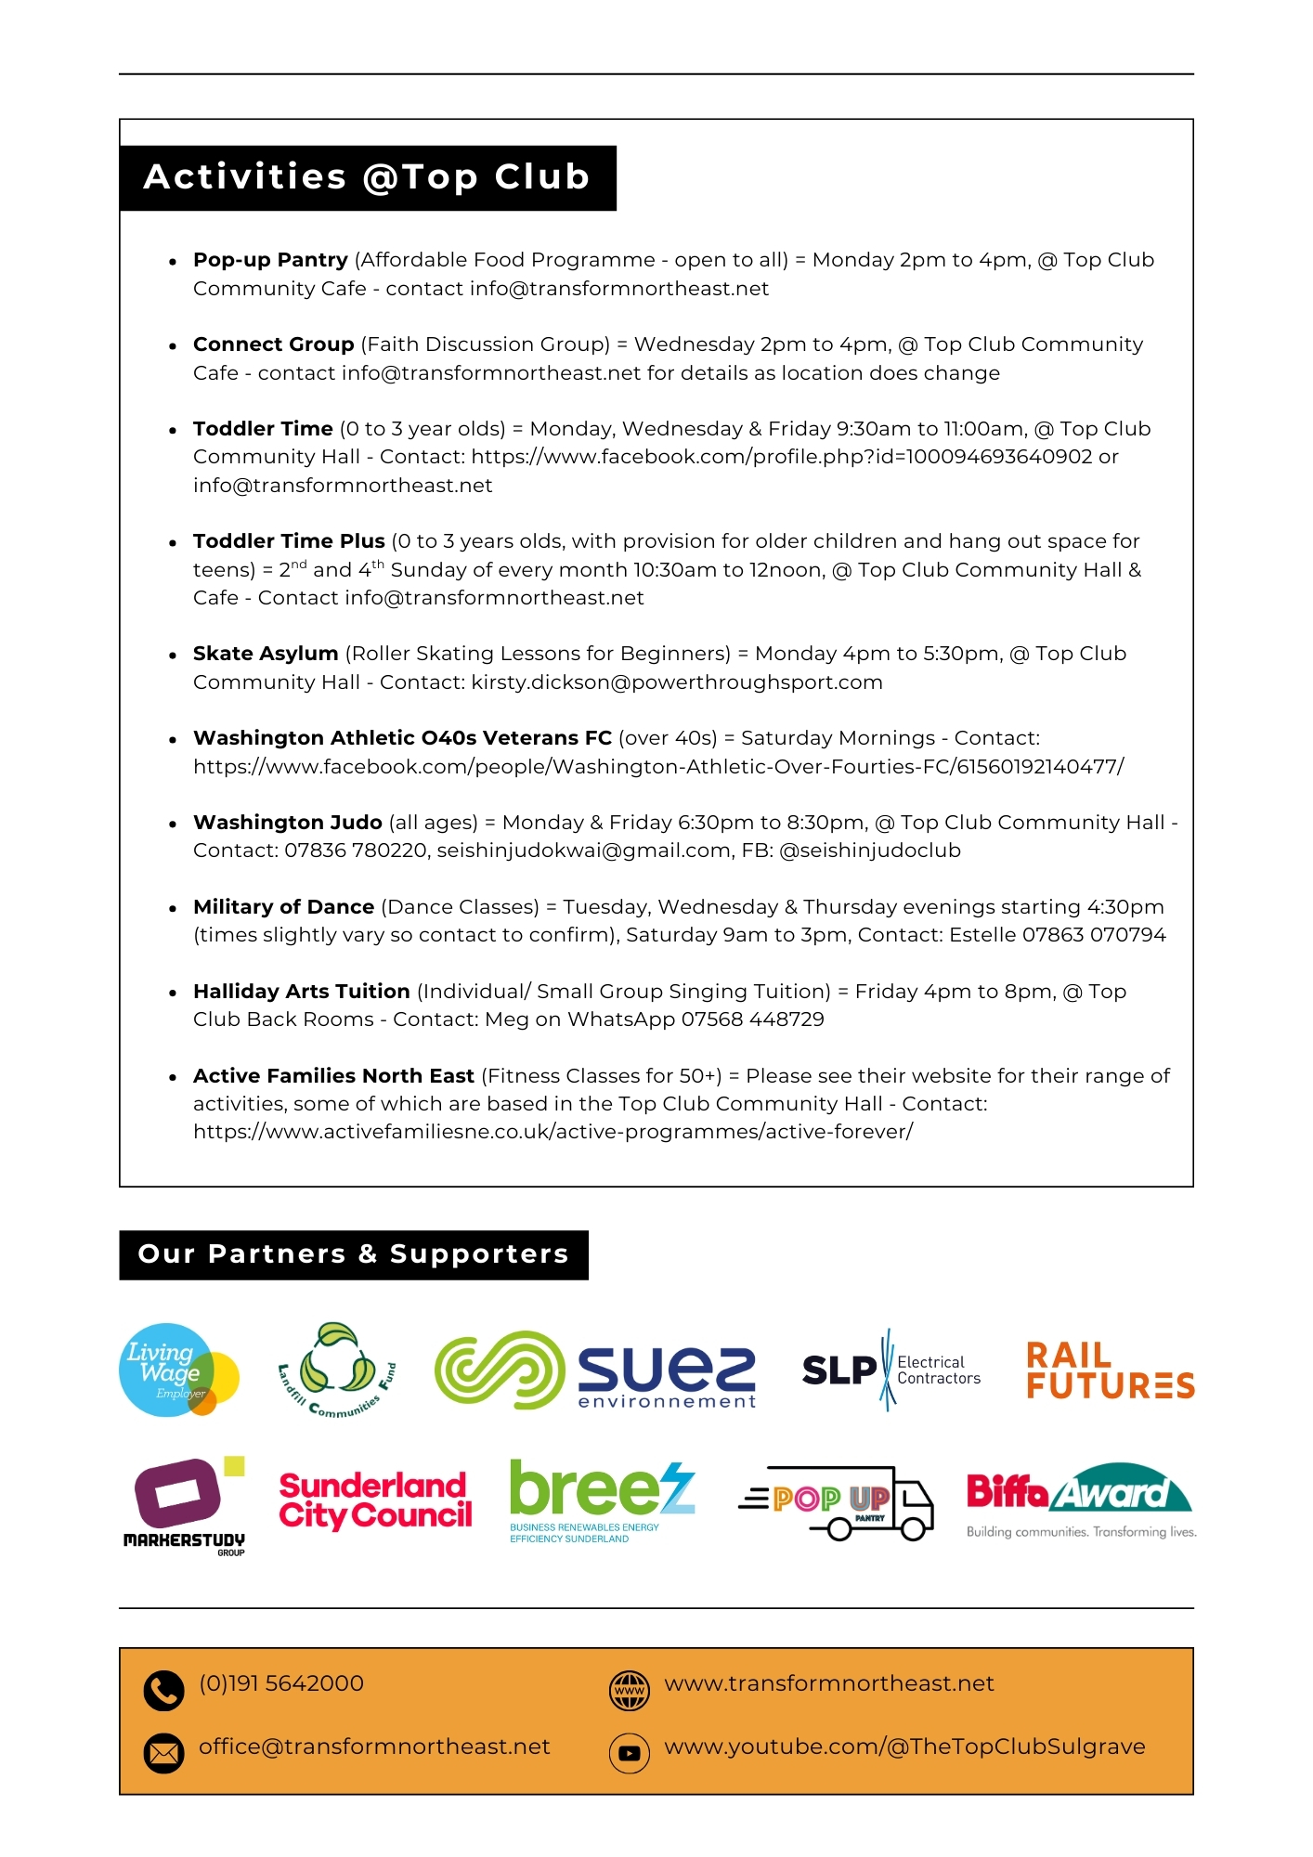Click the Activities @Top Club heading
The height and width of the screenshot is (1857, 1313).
[367, 177]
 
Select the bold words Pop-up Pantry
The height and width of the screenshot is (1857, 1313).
[270, 260]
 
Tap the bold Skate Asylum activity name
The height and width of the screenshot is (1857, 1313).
[266, 654]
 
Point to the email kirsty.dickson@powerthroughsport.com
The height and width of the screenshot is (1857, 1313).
[677, 682]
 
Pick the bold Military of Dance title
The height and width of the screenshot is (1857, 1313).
[283, 907]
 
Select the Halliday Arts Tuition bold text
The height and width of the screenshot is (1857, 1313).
[301, 992]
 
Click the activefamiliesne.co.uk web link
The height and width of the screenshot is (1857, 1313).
[552, 1132]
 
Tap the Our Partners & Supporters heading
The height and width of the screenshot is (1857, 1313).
[353, 1254]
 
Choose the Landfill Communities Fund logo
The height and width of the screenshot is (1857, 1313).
[337, 1370]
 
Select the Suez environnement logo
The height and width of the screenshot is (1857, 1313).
[594, 1370]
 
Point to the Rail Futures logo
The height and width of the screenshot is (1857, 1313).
[1109, 1370]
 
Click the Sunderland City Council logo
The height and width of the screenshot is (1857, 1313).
[375, 1500]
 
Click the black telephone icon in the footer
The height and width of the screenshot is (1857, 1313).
[163, 1691]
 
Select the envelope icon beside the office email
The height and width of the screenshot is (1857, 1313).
[163, 1753]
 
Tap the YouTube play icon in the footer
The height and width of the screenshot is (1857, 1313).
[629, 1753]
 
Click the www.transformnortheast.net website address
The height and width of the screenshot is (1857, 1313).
[828, 1684]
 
